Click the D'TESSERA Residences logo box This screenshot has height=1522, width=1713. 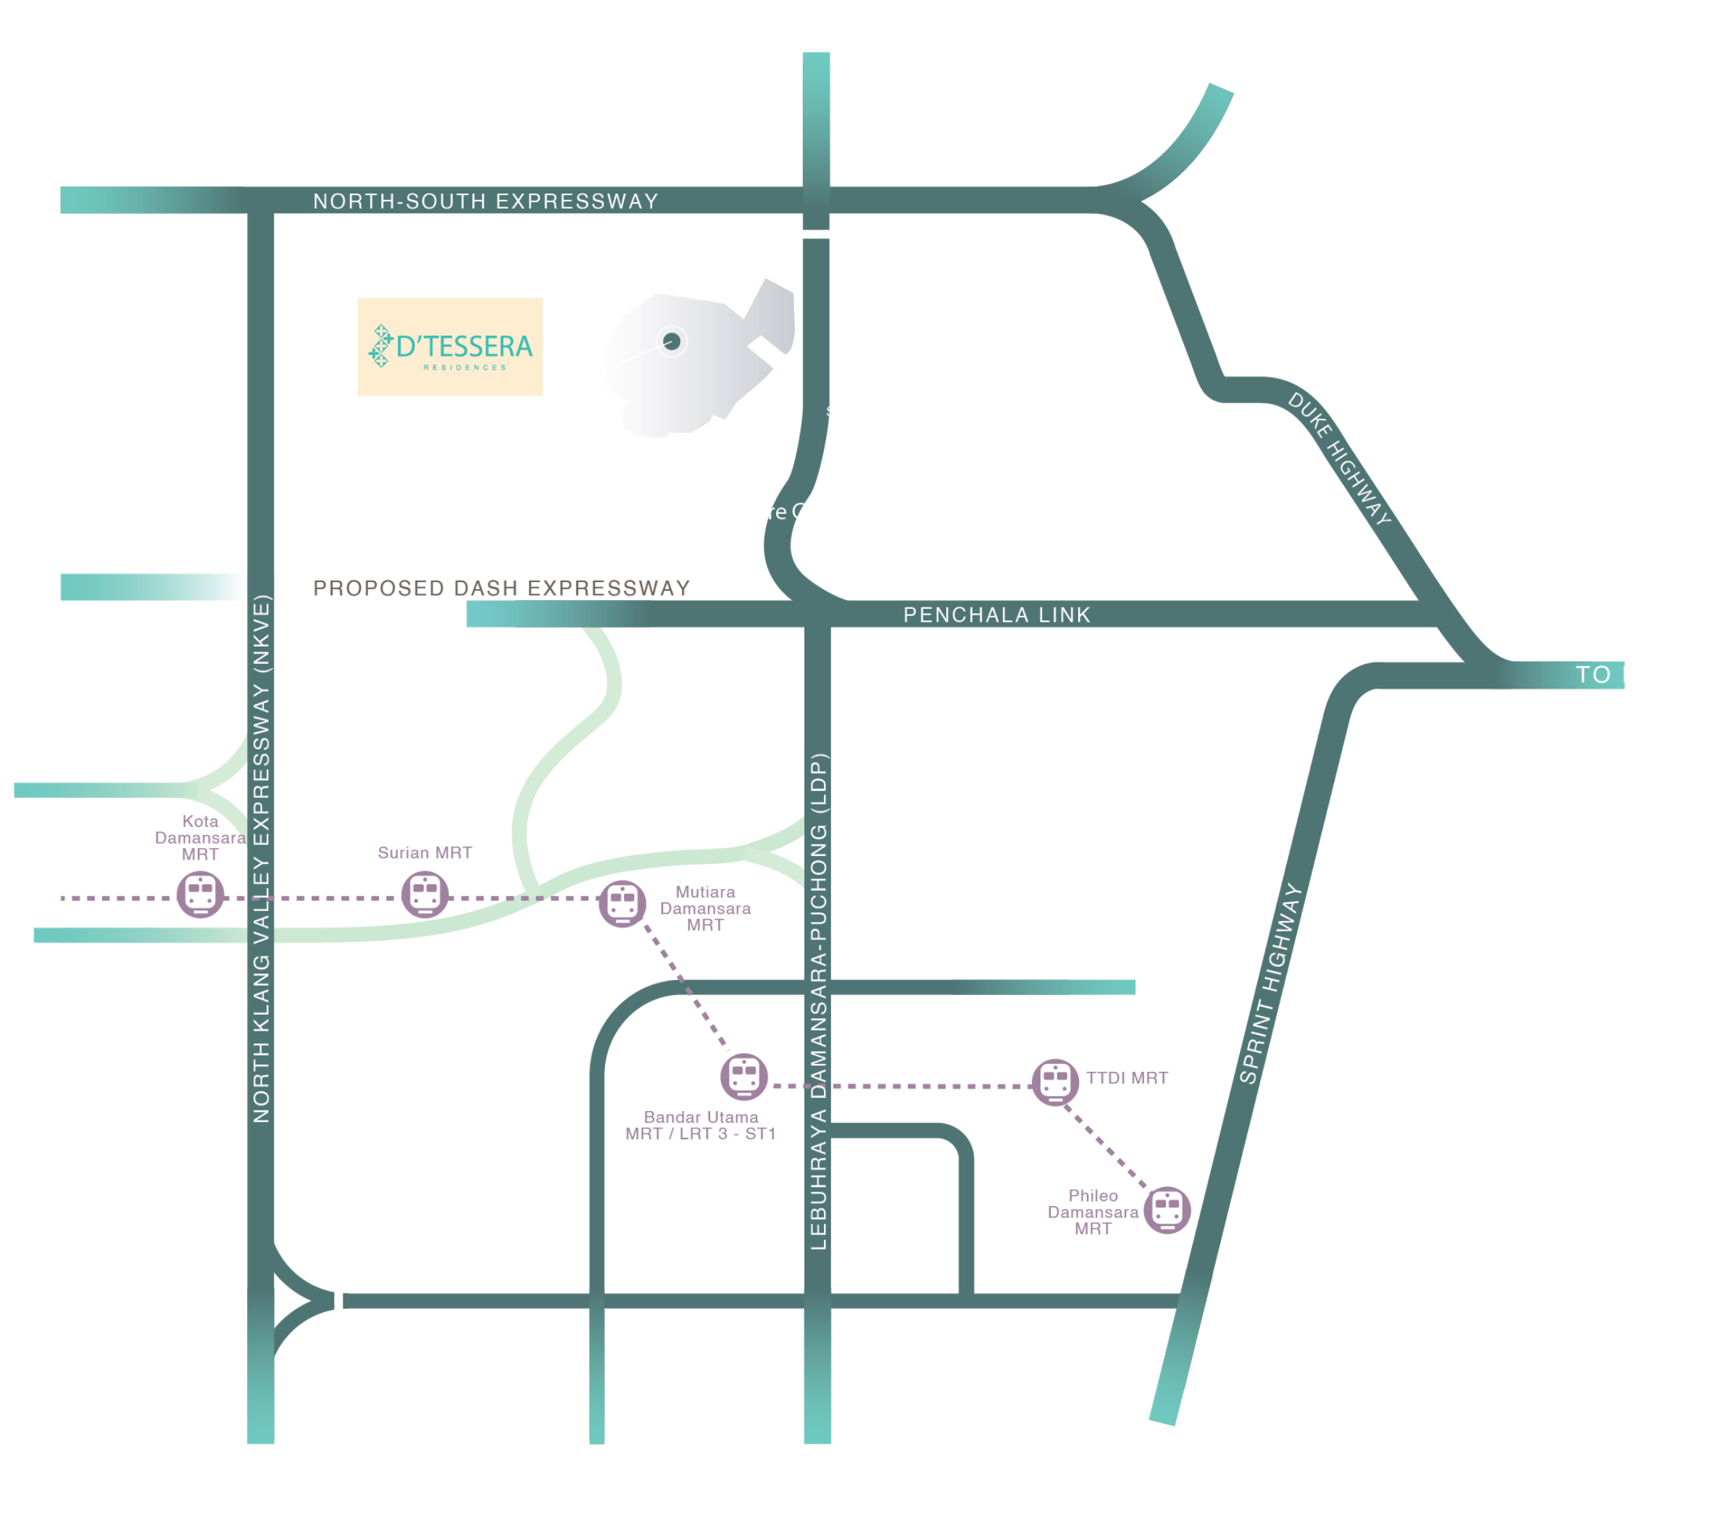click(450, 346)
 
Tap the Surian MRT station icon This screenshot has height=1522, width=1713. click(425, 894)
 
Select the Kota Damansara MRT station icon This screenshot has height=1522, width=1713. click(200, 894)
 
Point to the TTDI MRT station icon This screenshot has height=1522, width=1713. click(1055, 1081)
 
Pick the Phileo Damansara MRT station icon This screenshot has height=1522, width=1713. click(1167, 1210)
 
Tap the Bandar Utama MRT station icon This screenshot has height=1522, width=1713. click(743, 1076)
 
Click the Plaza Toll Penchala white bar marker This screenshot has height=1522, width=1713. click(814, 234)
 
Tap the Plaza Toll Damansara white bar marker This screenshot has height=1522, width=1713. click(338, 1302)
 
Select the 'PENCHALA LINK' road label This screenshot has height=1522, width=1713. click(996, 615)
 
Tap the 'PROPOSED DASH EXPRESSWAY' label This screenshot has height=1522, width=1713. click(501, 588)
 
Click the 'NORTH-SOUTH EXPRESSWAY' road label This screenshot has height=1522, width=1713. click(485, 201)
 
